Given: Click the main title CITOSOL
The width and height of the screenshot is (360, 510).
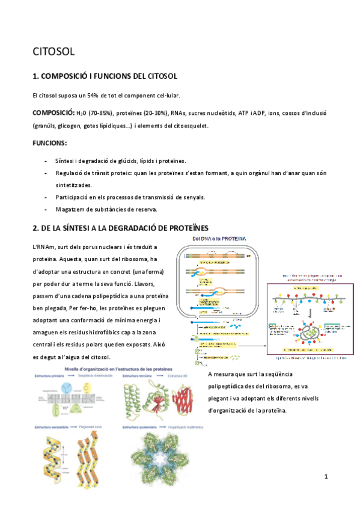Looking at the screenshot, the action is [53, 52].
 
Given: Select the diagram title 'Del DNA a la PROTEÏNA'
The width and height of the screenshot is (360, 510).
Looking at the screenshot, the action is [219, 239].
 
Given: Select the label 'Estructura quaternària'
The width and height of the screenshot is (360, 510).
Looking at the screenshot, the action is [142, 427].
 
